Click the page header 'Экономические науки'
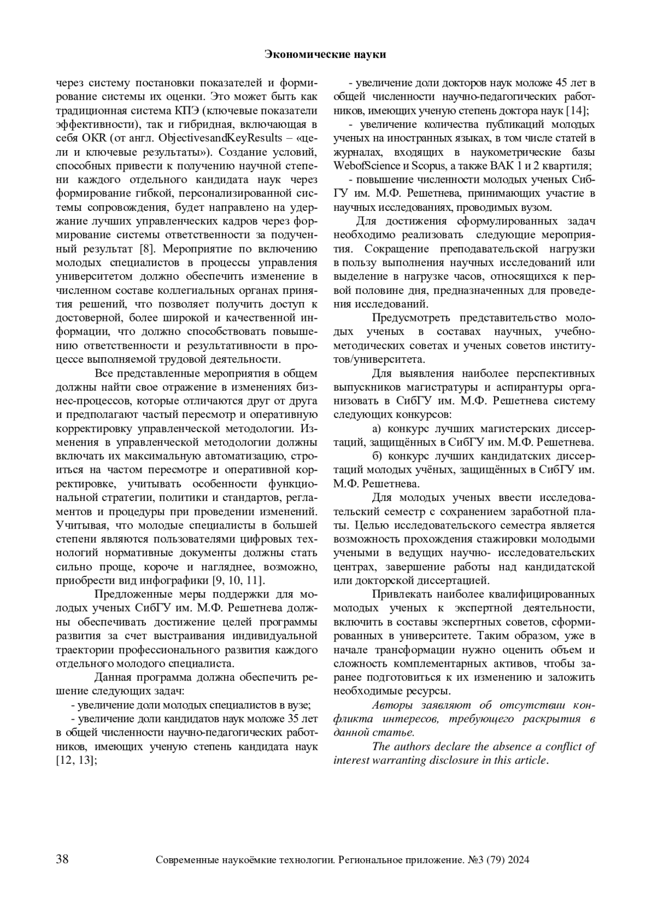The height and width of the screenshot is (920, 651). (x=325, y=54)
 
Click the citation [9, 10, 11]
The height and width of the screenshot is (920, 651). (x=238, y=581)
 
